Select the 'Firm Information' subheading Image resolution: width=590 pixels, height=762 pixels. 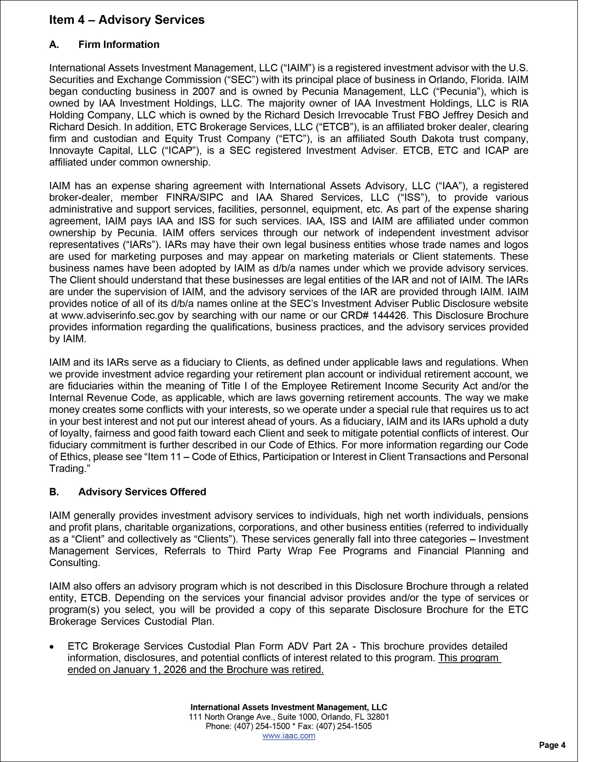point(119,44)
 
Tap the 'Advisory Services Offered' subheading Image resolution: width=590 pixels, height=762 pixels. point(142,492)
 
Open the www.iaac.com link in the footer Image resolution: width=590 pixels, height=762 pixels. point(288,736)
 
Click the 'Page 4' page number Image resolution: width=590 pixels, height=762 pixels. point(552,745)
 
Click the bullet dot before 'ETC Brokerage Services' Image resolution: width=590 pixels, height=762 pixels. point(52,647)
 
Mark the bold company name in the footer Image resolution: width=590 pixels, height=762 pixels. point(288,707)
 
